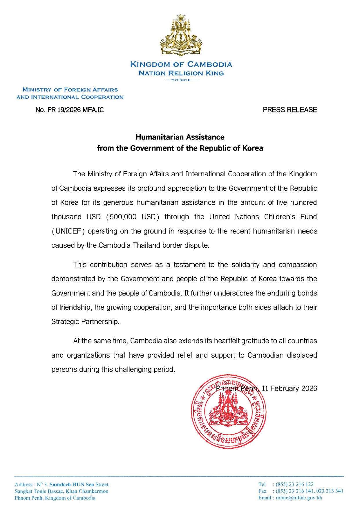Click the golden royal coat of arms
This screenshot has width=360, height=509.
tap(181, 35)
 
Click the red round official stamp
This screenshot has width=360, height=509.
tap(229, 412)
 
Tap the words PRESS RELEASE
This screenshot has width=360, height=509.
tap(290, 110)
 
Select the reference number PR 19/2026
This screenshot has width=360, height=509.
tap(64, 110)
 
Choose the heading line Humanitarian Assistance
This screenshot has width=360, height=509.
tap(180, 137)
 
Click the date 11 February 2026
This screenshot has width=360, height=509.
tap(289, 388)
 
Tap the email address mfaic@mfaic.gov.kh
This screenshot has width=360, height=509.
tap(299, 498)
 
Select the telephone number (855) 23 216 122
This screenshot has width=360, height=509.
tap(294, 484)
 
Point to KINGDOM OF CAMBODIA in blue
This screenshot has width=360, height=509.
tap(181, 64)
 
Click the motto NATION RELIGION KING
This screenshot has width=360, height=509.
tap(181, 73)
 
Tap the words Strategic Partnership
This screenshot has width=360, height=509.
tap(85, 322)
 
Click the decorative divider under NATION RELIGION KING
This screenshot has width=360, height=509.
tap(181, 80)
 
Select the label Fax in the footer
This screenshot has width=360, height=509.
tap(262, 491)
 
